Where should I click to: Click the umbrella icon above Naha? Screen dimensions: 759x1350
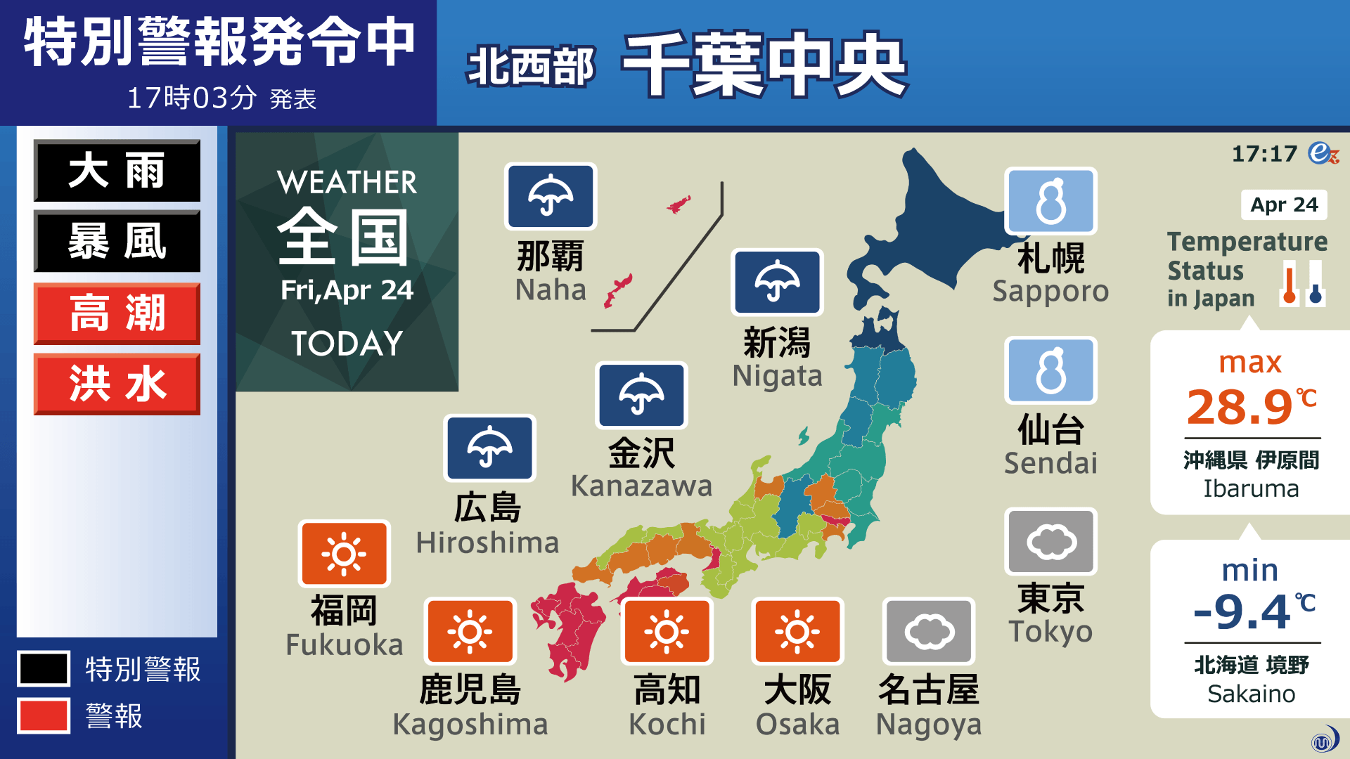point(551,196)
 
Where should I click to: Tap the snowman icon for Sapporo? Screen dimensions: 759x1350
point(1050,201)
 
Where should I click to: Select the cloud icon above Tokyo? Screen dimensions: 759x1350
point(1050,542)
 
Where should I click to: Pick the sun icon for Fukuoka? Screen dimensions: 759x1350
point(344,554)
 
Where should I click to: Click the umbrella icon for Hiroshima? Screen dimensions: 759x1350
point(489,448)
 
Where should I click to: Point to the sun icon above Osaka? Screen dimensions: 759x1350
point(797,631)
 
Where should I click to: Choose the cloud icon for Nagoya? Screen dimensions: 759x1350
point(929,631)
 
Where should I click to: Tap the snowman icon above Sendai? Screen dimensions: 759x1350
point(1050,370)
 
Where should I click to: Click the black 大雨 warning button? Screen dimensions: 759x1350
point(117,171)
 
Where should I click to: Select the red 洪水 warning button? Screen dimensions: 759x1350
point(117,384)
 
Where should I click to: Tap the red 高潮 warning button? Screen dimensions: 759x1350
point(117,313)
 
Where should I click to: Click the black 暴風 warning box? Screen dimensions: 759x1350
point(117,241)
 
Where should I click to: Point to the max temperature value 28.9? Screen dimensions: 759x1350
point(1240,407)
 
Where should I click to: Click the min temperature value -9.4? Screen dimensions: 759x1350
point(1242,611)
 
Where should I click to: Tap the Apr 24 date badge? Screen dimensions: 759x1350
point(1284,205)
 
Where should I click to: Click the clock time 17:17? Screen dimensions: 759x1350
point(1264,154)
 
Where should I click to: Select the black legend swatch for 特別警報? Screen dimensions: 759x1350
point(44,668)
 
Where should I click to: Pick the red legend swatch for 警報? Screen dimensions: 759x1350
point(44,715)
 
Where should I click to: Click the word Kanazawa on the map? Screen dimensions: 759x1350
point(641,486)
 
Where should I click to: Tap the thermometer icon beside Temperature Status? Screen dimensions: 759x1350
point(1301,284)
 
